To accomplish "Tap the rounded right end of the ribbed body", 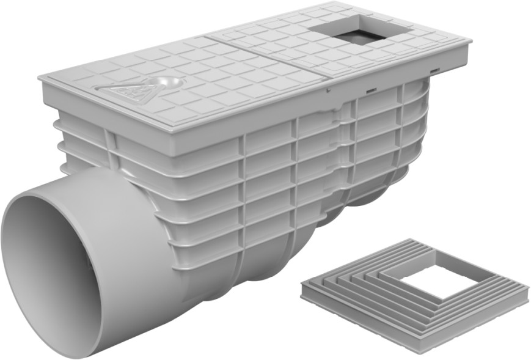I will point(422,141).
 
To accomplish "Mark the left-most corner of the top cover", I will point(40,78).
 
